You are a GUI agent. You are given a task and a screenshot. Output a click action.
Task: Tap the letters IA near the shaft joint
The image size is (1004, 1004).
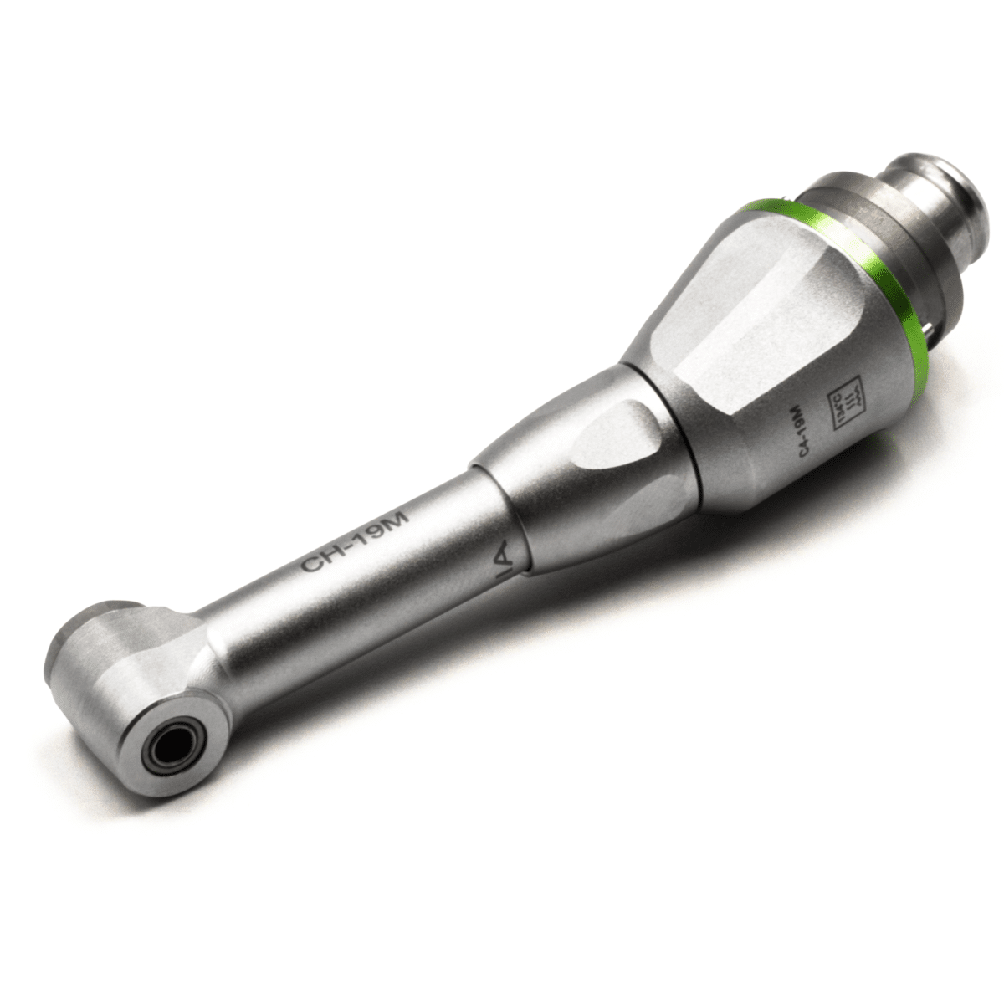click(x=500, y=558)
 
